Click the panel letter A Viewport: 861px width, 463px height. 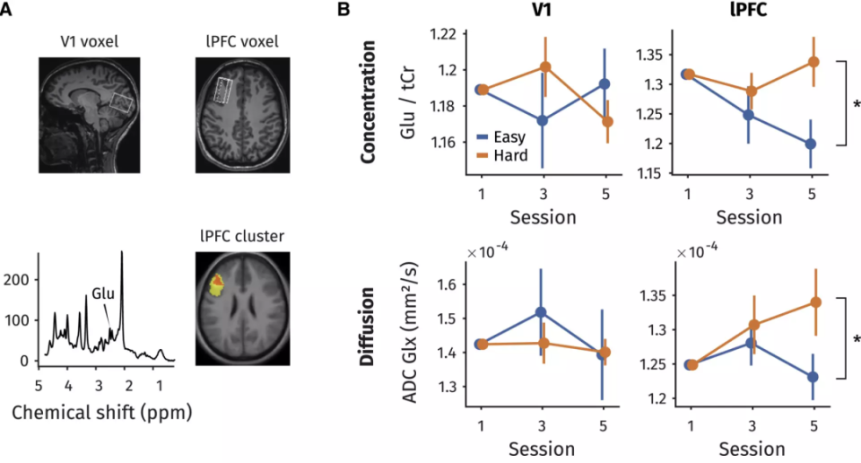point(7,11)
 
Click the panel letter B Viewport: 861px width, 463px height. point(344,11)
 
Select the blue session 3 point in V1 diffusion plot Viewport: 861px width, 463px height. point(541,312)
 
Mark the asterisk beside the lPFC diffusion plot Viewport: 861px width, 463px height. point(856,339)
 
